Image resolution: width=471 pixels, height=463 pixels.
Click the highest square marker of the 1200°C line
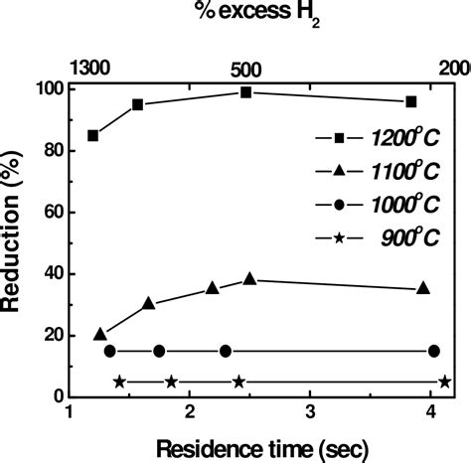246,92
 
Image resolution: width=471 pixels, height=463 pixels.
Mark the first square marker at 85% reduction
93,135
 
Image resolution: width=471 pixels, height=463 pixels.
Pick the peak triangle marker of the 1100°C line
249,279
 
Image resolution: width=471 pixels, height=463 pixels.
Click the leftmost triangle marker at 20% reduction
100,334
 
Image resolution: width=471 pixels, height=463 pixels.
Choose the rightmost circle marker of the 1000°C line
434,351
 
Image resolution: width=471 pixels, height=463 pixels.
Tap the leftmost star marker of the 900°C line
119,382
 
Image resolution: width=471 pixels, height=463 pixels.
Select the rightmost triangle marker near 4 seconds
424,288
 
